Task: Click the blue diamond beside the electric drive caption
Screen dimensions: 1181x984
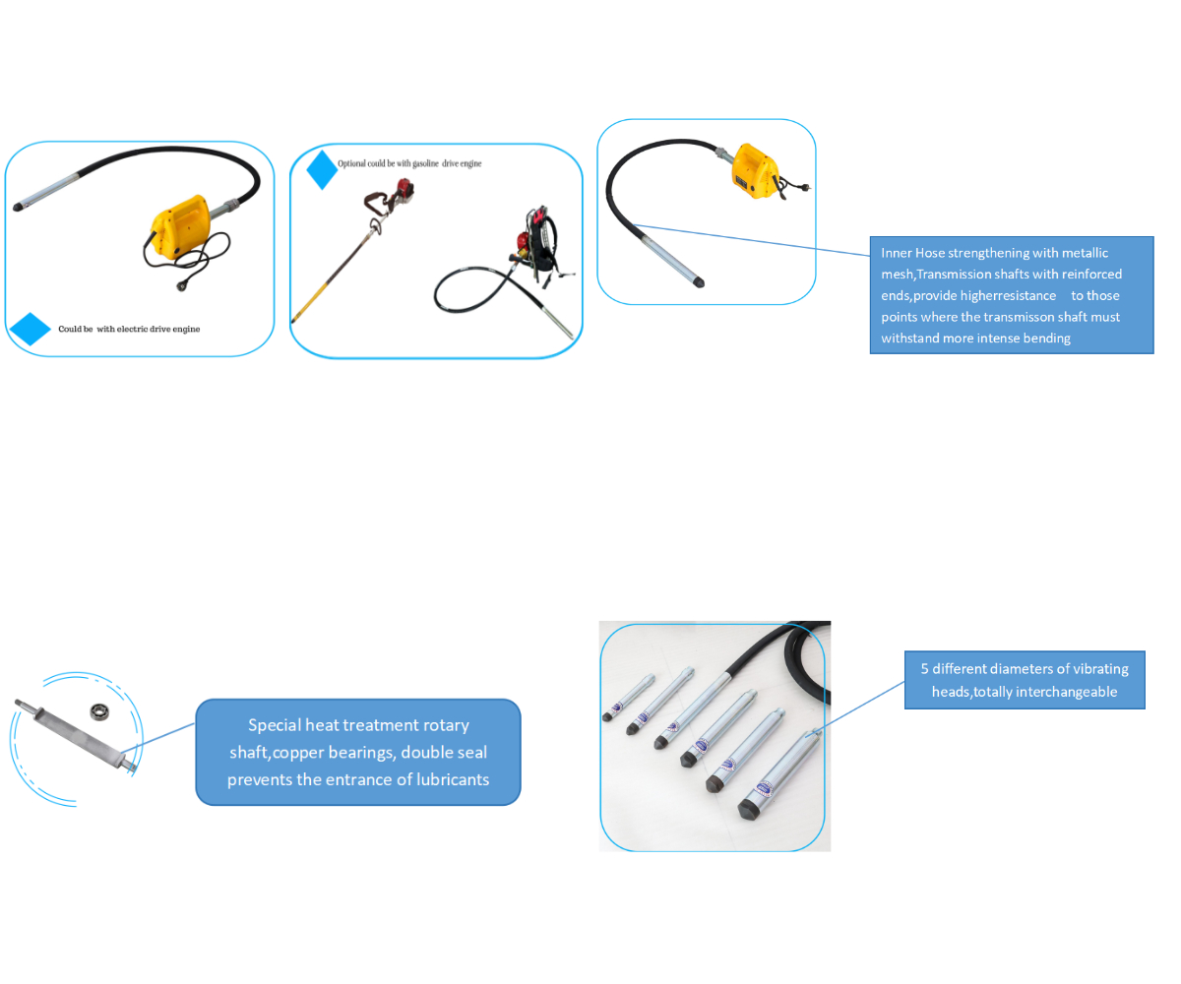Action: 30,328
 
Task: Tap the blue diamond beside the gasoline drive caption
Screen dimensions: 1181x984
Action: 321,169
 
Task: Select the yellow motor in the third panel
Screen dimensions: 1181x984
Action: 755,171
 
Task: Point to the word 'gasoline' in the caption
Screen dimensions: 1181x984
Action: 425,163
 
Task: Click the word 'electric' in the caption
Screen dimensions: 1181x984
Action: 132,329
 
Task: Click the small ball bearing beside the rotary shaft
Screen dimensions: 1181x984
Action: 99,710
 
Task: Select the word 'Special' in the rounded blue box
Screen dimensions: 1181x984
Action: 275,724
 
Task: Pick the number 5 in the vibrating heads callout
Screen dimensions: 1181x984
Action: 924,668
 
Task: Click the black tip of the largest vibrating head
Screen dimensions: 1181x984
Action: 748,809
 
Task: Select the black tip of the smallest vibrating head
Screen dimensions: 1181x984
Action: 607,717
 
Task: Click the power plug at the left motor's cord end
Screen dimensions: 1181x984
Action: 181,286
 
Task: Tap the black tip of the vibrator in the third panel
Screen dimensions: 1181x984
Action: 699,281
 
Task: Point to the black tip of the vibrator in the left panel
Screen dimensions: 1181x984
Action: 17,207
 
